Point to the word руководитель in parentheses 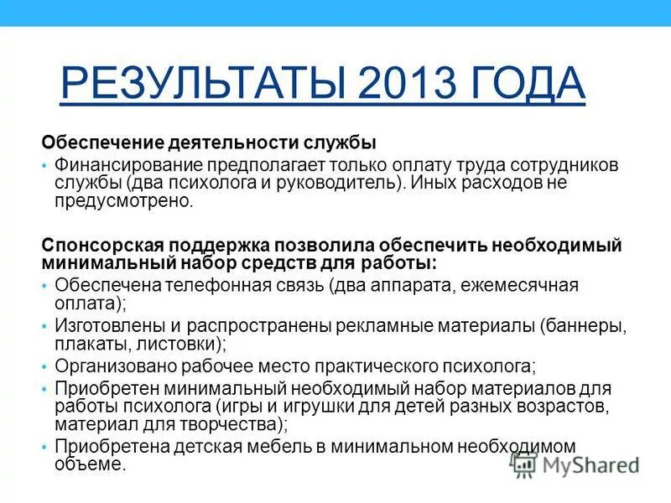(356, 184)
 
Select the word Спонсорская (103, 245)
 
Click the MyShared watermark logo (575, 464)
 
